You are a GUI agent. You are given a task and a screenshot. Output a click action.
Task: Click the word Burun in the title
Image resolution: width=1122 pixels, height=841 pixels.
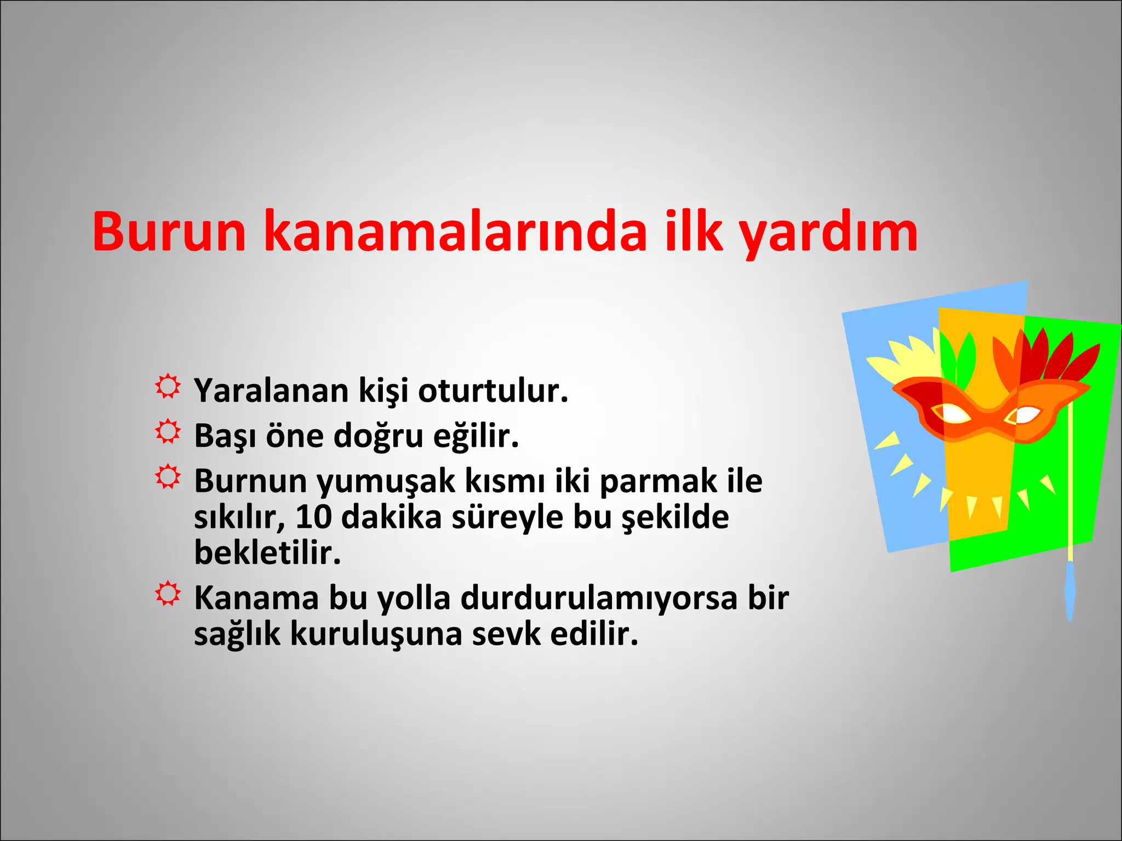point(169,232)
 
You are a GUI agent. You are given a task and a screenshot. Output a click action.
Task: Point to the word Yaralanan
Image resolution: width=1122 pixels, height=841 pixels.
point(271,391)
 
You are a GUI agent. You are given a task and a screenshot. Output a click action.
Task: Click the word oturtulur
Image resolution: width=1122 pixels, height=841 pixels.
point(493,391)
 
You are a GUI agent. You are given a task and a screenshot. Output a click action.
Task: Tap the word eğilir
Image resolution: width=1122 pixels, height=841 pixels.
point(476,436)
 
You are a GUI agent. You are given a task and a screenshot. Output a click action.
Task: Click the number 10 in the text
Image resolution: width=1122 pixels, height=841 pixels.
point(313,517)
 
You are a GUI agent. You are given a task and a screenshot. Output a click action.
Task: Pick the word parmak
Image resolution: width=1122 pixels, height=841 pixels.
point(658,481)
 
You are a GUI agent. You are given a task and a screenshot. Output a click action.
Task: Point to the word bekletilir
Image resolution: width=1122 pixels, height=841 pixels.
point(267,553)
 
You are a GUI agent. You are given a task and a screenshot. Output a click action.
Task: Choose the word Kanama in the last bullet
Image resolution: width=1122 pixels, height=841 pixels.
point(256,598)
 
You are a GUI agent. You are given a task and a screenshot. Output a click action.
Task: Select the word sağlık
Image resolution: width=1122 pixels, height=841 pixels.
point(237,635)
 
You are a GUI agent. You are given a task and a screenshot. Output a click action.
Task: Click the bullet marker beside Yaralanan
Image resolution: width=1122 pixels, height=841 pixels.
point(167,387)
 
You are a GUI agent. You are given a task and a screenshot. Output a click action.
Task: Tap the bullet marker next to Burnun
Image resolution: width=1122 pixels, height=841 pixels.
point(167,477)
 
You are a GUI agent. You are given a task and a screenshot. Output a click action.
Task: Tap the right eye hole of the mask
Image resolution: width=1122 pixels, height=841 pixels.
point(1023,415)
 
